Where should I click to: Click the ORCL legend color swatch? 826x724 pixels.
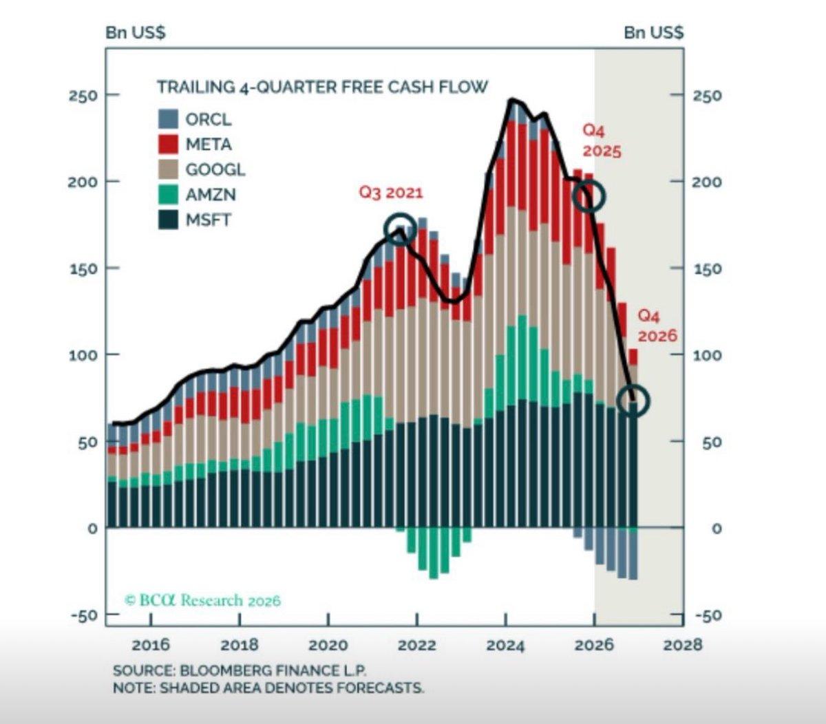(169, 119)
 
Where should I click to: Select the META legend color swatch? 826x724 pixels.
(169, 145)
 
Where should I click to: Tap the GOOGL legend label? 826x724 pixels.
(215, 169)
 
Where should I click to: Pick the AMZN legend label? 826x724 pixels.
(210, 195)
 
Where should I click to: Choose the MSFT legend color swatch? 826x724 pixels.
(169, 220)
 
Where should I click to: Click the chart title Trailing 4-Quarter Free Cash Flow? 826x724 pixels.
(322, 87)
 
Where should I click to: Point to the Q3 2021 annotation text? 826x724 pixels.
(390, 192)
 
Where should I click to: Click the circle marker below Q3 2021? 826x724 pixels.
(400, 230)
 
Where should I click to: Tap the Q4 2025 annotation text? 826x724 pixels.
(601, 140)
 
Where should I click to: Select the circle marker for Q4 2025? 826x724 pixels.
(589, 197)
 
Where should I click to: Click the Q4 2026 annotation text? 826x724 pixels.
(657, 326)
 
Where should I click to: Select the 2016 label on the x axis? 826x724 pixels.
(150, 645)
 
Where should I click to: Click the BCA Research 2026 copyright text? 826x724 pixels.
(202, 600)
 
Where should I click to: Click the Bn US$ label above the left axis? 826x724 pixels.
(135, 33)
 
